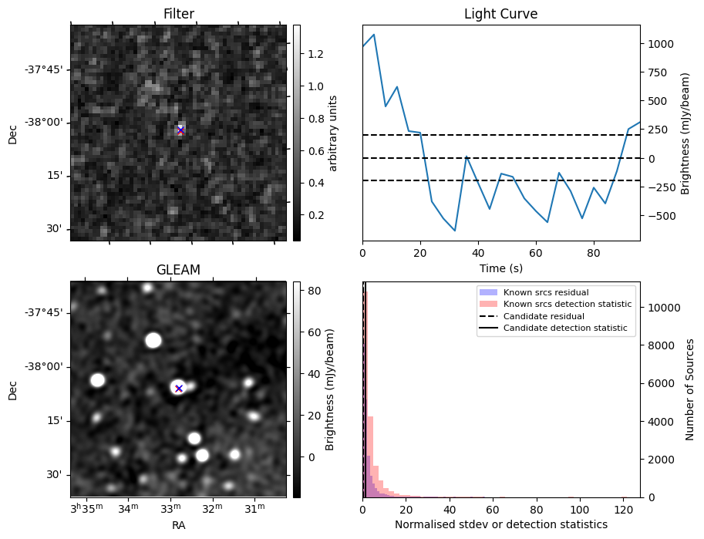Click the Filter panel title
(178, 14)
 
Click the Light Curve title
(500, 14)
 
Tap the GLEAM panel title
(178, 270)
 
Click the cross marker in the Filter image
(180, 130)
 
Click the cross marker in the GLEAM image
(178, 389)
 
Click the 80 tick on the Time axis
(594, 252)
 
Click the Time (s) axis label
(500, 266)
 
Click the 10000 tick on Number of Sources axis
(660, 308)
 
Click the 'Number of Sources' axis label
(690, 389)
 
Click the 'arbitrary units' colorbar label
(333, 133)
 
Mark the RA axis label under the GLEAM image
(178, 524)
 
